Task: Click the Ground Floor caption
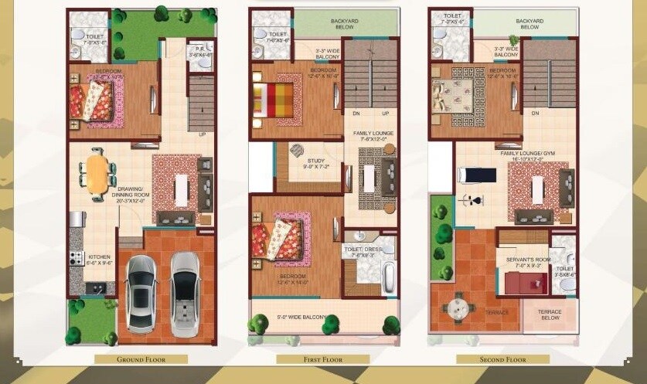(x=141, y=359)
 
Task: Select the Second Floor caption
(x=502, y=359)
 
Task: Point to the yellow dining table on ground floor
(x=97, y=175)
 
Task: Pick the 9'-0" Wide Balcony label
(x=297, y=317)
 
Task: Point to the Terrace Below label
(x=550, y=314)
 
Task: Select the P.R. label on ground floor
(x=200, y=50)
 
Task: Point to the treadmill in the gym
(x=476, y=175)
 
